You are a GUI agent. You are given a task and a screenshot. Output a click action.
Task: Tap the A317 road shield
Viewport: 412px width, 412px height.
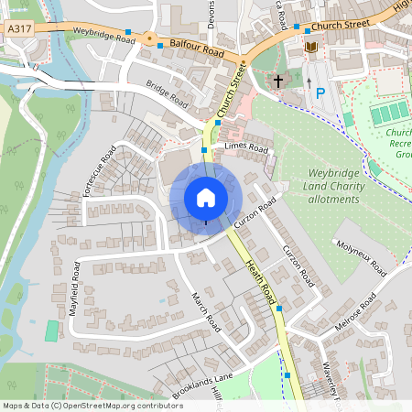[19, 30]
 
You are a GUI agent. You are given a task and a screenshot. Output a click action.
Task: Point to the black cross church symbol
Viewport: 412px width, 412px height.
[278, 81]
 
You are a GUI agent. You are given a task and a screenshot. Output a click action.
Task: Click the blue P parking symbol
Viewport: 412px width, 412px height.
[320, 92]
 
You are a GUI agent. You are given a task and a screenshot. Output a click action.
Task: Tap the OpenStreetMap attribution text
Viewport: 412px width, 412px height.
[92, 406]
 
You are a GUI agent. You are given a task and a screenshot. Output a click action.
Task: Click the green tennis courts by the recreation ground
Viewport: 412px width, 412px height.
[389, 114]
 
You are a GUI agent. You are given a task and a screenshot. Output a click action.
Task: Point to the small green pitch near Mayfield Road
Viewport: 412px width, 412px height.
[51, 331]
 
